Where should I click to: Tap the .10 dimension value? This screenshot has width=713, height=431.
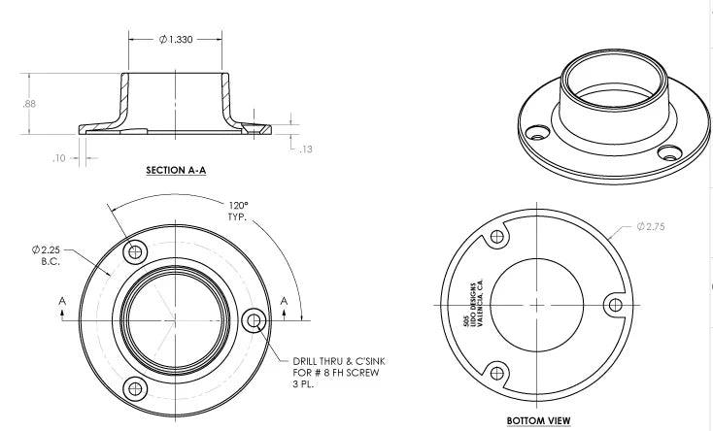tap(58, 158)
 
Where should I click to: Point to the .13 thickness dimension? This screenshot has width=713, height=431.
tap(307, 149)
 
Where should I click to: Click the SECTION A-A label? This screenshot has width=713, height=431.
tap(177, 170)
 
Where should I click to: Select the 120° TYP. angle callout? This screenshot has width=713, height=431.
tap(238, 212)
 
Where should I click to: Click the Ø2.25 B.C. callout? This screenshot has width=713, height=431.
tap(46, 255)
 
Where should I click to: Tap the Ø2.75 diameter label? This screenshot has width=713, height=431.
tap(653, 226)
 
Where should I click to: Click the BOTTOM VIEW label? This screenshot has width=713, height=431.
tap(538, 420)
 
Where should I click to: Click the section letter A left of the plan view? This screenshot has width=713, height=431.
tap(62, 302)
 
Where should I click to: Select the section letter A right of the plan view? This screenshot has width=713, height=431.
tap(284, 302)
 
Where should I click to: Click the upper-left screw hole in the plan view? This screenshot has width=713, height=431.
tap(135, 251)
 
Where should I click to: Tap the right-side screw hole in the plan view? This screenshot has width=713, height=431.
tap(255, 319)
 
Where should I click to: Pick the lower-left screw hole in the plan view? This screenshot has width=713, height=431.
tap(135, 387)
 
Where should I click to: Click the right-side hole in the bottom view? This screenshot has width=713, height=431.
tap(612, 304)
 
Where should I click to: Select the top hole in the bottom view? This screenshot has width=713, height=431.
tap(497, 237)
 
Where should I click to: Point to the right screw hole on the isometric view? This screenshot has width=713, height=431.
tap(666, 152)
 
